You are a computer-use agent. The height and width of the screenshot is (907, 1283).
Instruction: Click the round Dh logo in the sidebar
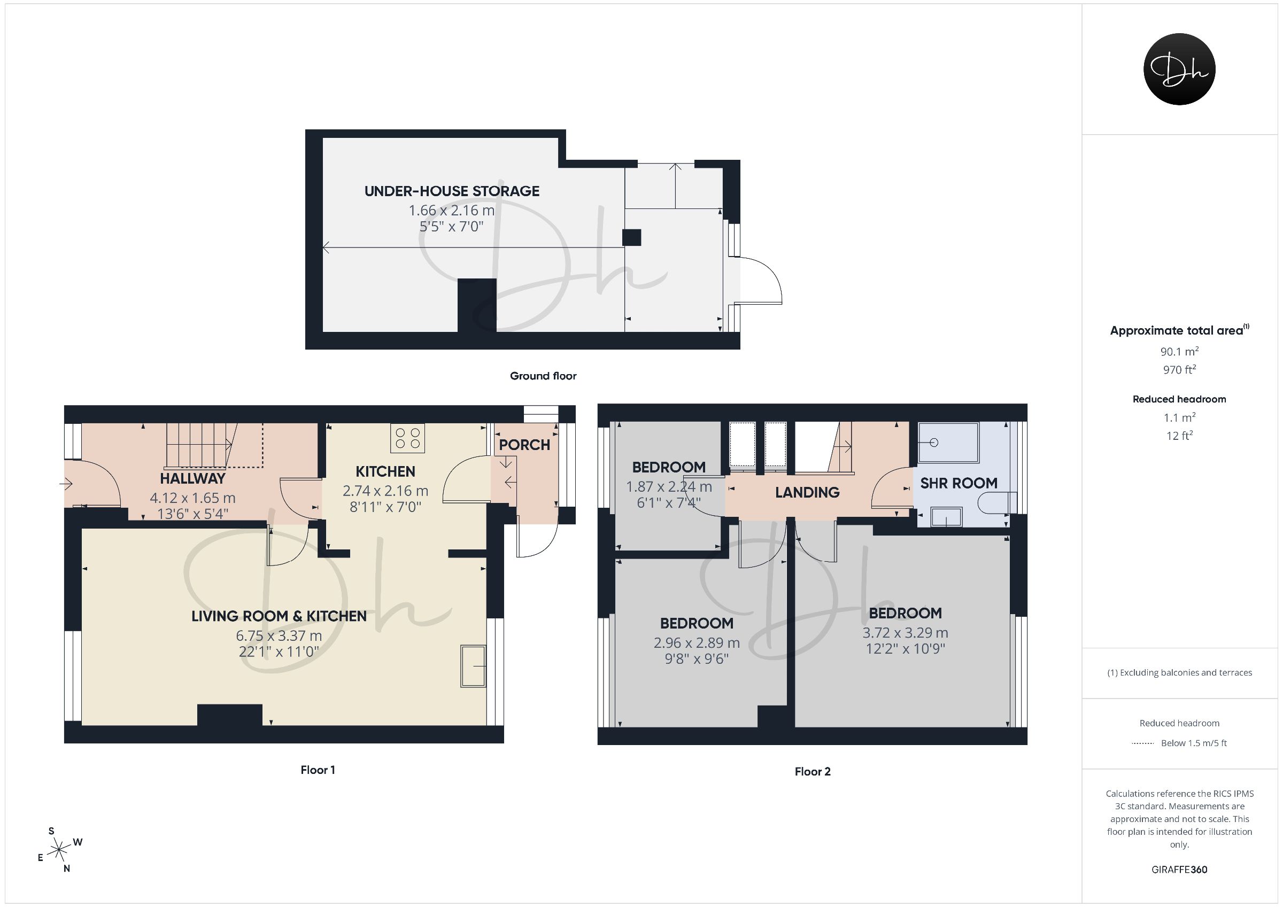[1179, 69]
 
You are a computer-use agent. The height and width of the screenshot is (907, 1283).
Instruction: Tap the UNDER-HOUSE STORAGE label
[452, 191]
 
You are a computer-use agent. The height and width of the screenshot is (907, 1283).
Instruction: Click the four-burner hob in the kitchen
[407, 438]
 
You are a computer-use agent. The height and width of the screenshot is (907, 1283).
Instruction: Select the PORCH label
[524, 445]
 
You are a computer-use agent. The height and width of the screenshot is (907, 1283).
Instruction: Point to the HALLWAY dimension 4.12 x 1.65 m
[192, 498]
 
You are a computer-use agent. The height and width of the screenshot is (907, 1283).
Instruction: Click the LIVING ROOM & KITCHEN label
[279, 616]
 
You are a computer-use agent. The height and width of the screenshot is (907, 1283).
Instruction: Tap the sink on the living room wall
[473, 665]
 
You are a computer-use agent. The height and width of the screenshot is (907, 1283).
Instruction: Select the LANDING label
[807, 492]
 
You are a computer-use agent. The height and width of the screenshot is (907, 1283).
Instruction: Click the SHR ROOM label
[959, 483]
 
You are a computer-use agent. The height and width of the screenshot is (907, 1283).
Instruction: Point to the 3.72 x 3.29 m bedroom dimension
[905, 633]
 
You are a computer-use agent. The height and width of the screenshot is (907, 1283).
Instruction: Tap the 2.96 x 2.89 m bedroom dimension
[696, 642]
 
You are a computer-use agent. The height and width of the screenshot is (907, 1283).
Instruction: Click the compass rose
[59, 850]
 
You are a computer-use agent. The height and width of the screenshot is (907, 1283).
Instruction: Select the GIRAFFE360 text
[1179, 870]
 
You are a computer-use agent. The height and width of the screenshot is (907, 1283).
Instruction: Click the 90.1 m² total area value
[1179, 352]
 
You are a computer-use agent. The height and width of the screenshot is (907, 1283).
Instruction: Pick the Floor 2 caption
[813, 772]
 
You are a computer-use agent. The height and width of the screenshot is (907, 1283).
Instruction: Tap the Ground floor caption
[543, 376]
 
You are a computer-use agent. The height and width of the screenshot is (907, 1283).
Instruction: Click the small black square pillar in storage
[631, 237]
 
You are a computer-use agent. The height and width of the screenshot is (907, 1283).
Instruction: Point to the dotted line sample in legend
[1143, 743]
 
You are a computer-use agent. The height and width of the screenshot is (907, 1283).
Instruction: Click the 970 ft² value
[1179, 369]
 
